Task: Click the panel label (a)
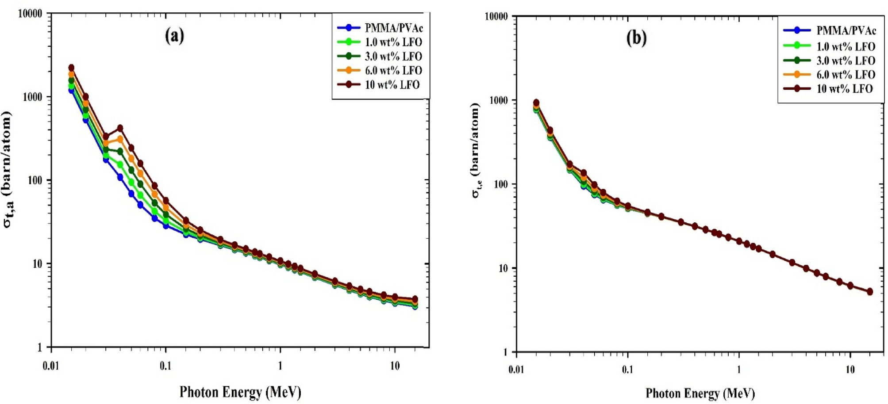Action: tap(174, 35)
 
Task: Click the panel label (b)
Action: tap(636, 38)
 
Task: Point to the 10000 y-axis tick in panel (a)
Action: tap(30, 14)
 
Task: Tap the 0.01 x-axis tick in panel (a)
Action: tap(51, 366)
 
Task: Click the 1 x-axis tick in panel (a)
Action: tap(280, 366)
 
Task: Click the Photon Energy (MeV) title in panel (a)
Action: tap(240, 392)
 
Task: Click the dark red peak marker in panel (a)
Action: tap(120, 128)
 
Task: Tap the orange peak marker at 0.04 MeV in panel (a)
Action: tap(120, 139)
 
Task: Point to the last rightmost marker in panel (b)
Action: tap(870, 292)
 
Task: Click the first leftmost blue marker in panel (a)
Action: tap(71, 90)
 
